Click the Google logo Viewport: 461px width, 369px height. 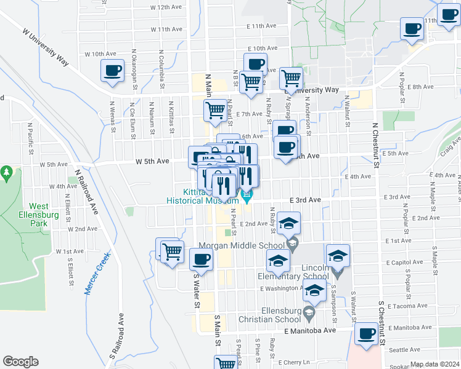coord(21,362)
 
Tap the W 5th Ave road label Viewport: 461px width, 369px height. coord(152,161)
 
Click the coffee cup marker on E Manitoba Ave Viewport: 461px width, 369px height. coord(367,334)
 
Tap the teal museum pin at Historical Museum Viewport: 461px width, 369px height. coord(248,196)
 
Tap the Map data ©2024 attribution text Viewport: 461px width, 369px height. coord(435,364)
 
